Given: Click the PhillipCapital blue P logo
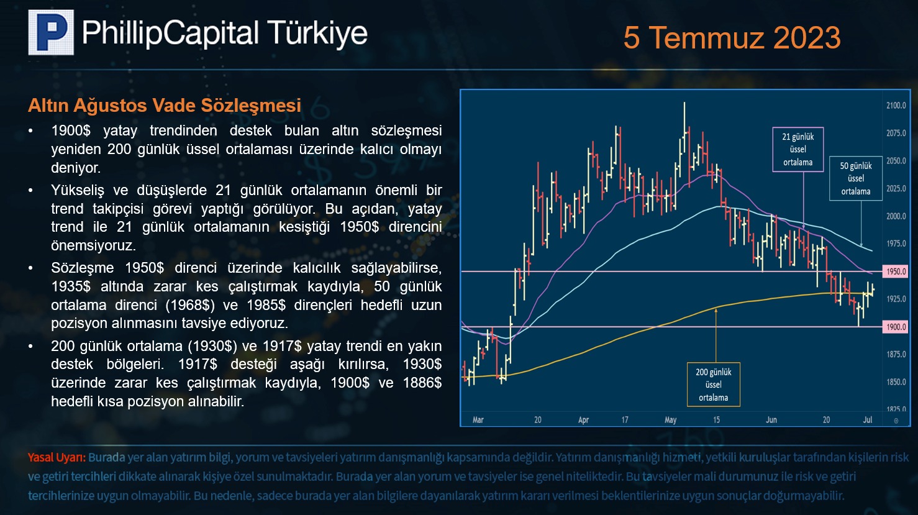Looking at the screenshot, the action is coord(51,32).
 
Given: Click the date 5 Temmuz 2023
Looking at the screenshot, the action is coord(732,37).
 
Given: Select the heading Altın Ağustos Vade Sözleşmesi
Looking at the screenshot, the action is coord(165,106).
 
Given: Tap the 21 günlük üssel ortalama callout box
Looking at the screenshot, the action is coord(798,149).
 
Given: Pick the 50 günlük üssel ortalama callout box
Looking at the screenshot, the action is coord(856,178).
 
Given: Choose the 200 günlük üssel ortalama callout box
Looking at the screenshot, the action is coord(714,385).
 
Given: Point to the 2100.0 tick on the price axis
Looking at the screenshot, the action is coord(896,106).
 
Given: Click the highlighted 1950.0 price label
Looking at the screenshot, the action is coord(895,271).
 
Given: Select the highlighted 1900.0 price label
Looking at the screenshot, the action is coord(895,327).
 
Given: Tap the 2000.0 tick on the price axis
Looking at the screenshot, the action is coord(896,216).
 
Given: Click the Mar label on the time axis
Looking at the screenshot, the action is coord(478,419).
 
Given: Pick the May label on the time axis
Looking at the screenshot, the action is coord(670,419).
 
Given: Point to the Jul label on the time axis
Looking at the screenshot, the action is coord(868,419).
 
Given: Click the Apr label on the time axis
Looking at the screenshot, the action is coord(584,419).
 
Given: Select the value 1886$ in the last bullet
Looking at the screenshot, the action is coord(422,383).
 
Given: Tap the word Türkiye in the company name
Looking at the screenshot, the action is coord(318,32).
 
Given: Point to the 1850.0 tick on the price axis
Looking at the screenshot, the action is coord(896,382).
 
